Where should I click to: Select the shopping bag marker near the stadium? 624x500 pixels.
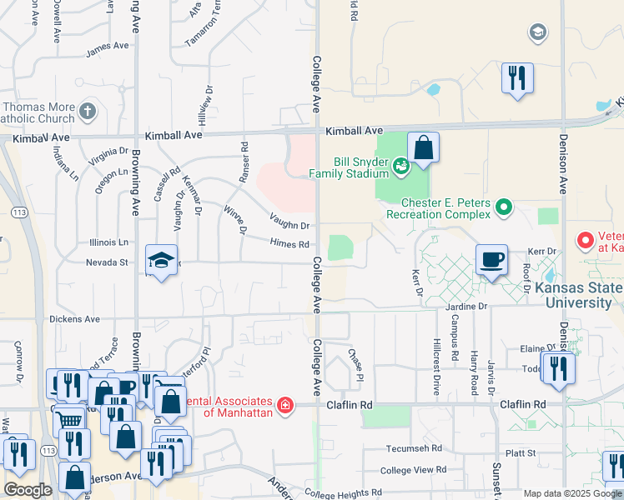click(x=424, y=148)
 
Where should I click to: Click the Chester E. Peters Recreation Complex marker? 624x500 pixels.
click(x=503, y=206)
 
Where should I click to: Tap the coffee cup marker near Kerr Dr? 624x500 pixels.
click(x=492, y=260)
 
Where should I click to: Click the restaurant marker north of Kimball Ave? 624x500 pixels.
click(x=517, y=79)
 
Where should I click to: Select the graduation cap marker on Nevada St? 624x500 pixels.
click(x=162, y=261)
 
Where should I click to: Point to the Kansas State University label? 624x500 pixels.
click(x=584, y=295)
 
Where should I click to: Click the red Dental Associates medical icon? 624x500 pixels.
click(x=286, y=405)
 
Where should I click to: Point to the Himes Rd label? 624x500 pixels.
click(x=289, y=243)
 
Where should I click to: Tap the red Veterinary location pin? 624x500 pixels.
click(x=585, y=241)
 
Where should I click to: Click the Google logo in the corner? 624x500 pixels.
click(x=28, y=490)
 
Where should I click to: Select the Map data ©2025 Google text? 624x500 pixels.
click(x=571, y=493)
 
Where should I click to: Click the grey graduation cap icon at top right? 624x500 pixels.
click(x=538, y=32)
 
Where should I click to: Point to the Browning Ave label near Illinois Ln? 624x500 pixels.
click(x=135, y=192)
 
